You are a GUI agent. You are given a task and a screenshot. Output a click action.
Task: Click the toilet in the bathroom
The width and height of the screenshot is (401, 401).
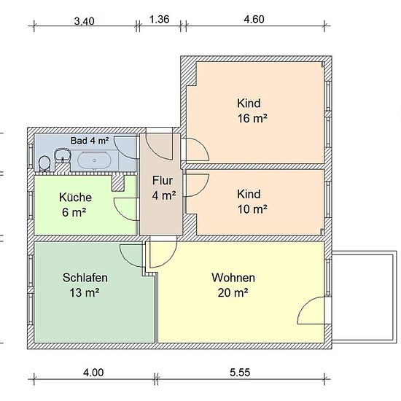tap(44, 163)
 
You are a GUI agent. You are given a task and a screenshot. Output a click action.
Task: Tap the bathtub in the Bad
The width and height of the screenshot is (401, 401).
tap(94, 160)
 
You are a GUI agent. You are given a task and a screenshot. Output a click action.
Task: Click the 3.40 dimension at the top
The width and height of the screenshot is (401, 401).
tap(84, 21)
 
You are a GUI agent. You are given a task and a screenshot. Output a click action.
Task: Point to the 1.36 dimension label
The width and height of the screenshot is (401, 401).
tap(159, 20)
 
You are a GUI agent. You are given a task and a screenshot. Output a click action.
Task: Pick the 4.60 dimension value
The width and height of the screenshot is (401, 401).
tap(254, 20)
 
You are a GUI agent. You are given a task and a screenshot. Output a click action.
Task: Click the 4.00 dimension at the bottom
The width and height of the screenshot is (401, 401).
tap(93, 373)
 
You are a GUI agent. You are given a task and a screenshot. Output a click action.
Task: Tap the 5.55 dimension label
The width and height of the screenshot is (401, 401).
tap(240, 373)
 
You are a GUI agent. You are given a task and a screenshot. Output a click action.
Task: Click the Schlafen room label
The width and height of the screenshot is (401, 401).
tap(85, 278)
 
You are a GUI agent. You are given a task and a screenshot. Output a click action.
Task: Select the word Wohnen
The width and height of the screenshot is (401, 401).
tap(233, 278)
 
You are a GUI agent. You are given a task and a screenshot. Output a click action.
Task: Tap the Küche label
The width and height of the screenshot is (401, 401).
tap(75, 198)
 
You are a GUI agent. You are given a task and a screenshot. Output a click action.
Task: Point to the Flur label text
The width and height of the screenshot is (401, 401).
tap(163, 180)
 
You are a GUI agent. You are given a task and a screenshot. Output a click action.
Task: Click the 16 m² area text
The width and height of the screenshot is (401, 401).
tap(252, 118)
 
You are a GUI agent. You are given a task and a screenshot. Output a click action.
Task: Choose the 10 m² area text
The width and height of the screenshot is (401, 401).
tap(252, 209)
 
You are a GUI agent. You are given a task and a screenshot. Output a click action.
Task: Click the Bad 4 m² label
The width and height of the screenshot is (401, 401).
tap(90, 141)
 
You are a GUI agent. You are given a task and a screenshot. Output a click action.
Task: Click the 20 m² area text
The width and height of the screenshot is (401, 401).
tap(233, 292)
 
